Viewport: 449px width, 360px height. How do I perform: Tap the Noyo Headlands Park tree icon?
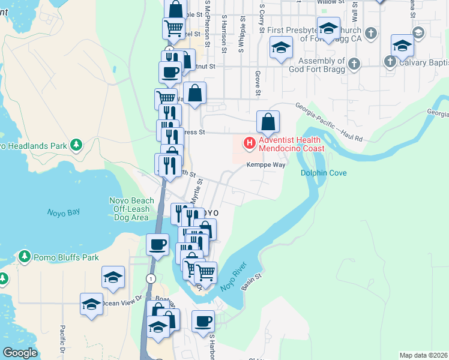click(x=76, y=145)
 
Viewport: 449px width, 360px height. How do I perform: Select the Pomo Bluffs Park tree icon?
click(x=25, y=257)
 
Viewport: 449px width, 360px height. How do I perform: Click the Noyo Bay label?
click(x=63, y=212)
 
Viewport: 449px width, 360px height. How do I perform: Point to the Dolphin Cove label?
click(x=324, y=173)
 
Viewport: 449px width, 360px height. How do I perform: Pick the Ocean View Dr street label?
click(x=122, y=302)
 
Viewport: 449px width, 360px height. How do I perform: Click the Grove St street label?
click(x=257, y=83)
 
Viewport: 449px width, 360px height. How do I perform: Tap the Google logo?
click(x=20, y=353)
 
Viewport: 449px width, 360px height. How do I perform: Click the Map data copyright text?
click(x=423, y=355)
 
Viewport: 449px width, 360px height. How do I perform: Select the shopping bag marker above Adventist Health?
click(x=268, y=122)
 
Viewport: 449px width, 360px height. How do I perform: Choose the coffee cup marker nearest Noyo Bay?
click(x=158, y=244)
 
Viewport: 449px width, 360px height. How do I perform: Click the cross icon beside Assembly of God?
click(x=354, y=62)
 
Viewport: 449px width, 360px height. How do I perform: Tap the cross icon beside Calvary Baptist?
click(x=390, y=61)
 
